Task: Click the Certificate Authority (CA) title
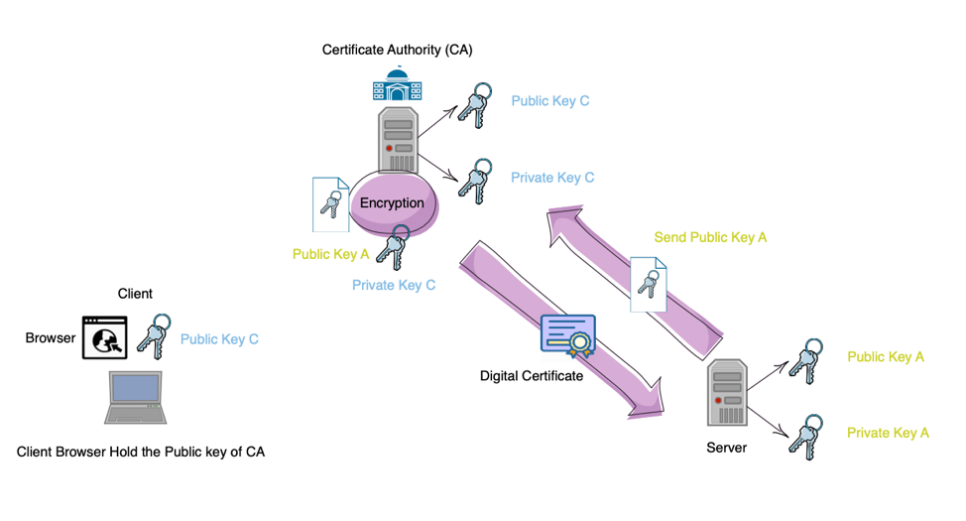(x=397, y=49)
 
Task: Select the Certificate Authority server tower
(x=397, y=139)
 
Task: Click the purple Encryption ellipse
(x=393, y=202)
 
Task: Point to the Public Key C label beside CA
(x=550, y=101)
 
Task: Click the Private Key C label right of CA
(x=552, y=178)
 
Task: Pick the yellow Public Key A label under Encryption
(x=330, y=254)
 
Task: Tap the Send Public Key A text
(x=710, y=237)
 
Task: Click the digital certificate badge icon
(x=567, y=336)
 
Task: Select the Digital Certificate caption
(x=531, y=376)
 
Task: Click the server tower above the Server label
(x=727, y=395)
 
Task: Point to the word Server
(x=726, y=448)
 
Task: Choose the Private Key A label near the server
(x=888, y=433)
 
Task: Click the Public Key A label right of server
(x=886, y=357)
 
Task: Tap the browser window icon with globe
(x=105, y=337)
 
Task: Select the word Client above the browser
(x=135, y=294)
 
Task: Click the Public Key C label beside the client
(x=219, y=339)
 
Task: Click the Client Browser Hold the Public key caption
(x=141, y=452)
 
